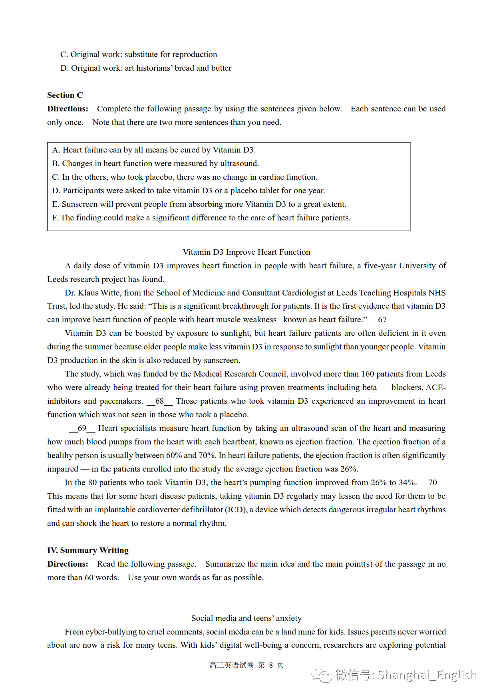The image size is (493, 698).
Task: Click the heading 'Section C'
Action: (x=65, y=95)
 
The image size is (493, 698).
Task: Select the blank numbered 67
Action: (x=382, y=319)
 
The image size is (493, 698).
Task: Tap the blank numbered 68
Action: (x=159, y=401)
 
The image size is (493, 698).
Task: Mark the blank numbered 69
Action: (x=82, y=428)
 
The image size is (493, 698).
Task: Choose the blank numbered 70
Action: (x=432, y=482)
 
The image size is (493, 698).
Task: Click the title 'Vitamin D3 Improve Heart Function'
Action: (x=246, y=252)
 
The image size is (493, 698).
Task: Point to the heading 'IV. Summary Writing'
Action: (x=87, y=550)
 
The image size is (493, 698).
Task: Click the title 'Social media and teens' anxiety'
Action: (x=246, y=618)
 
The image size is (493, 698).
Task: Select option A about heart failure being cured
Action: (x=154, y=150)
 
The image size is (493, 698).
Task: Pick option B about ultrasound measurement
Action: (x=155, y=163)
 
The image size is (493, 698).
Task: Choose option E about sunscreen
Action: (x=199, y=204)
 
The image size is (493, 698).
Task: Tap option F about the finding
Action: (x=201, y=218)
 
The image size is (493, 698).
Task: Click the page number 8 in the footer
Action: (x=271, y=665)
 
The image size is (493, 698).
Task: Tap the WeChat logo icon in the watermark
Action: (x=321, y=675)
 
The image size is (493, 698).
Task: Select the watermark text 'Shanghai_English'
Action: (x=427, y=675)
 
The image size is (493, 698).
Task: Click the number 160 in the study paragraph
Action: (x=368, y=374)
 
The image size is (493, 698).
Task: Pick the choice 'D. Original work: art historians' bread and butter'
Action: (x=146, y=68)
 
